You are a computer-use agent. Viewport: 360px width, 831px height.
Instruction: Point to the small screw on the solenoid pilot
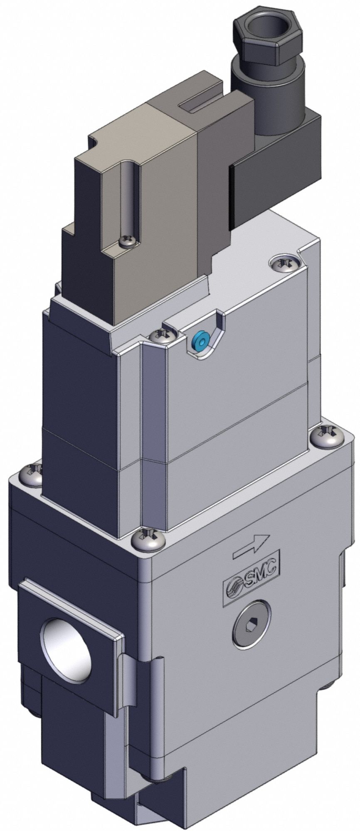(x=127, y=241)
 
